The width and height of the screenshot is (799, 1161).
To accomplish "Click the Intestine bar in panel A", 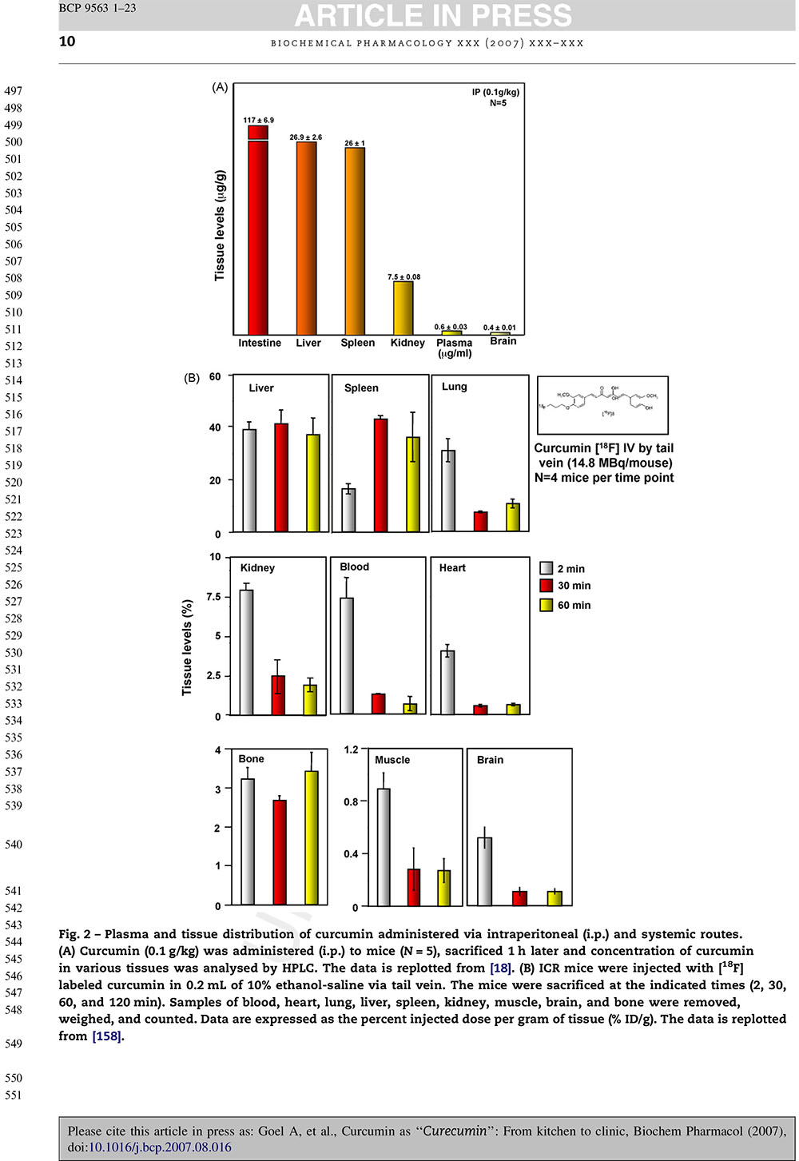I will point(258,232).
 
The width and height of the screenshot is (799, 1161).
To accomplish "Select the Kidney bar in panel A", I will point(403,308).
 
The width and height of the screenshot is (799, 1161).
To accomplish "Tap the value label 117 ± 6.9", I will point(258,120).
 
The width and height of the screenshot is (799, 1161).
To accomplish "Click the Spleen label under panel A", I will point(357,343).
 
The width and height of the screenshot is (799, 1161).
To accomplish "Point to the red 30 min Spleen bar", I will point(381,475).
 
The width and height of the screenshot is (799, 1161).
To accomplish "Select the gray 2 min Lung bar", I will point(448,491).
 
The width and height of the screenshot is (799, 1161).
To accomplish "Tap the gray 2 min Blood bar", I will point(347,655).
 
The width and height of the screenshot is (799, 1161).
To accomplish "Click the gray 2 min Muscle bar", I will point(384,847).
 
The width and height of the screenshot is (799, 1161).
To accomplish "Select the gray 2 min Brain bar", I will point(484,871).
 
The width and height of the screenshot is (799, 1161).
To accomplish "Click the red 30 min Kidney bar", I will point(278,695).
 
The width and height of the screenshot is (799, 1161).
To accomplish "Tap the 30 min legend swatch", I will point(547,586).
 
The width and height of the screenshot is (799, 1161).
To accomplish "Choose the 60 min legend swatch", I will point(547,605).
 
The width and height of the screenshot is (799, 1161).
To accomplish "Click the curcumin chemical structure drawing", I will point(603,405).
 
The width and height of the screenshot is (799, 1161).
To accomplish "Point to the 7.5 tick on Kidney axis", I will point(213,597).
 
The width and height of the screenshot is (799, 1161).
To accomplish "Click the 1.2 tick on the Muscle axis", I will point(352,749).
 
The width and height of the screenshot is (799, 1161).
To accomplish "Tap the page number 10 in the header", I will point(67,42).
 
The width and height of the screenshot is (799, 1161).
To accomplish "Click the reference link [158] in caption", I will point(107,1036).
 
